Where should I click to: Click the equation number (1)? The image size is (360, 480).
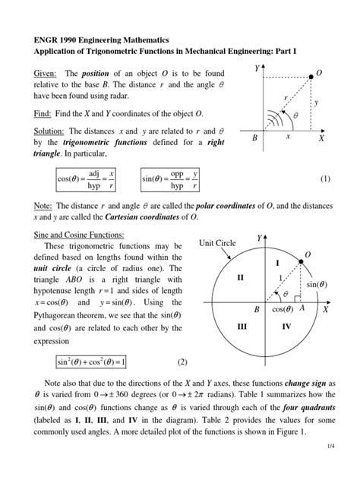click(326, 180)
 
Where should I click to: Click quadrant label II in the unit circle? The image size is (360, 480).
click(241, 278)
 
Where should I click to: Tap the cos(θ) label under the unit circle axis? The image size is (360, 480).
click(281, 311)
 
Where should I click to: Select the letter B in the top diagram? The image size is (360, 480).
click(254, 140)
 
